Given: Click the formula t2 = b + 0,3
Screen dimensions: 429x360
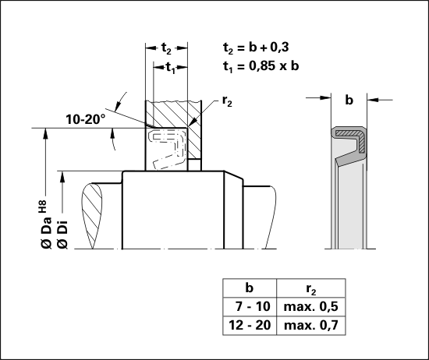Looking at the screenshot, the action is (x=256, y=48).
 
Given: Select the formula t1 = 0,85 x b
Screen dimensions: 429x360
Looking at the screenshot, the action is (x=261, y=66).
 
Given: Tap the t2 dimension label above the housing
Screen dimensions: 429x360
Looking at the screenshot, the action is (x=166, y=48).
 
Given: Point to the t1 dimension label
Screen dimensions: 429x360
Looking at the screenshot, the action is (x=171, y=68).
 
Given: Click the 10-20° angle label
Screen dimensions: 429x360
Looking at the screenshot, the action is (x=86, y=119).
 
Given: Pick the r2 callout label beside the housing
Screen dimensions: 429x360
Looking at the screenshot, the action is (x=227, y=101).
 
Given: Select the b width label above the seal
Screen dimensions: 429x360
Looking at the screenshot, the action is (x=349, y=100).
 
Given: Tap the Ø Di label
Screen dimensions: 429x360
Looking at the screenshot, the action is (x=62, y=234).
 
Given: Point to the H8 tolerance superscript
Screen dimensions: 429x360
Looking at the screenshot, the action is (x=43, y=206).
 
